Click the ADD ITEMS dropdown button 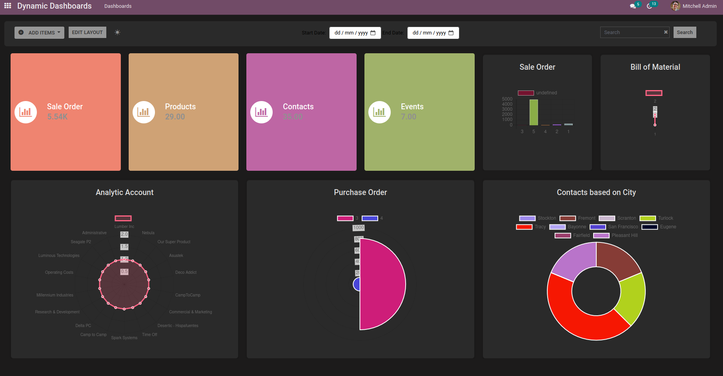[39, 33]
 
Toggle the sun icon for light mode [117, 33]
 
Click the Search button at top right [685, 33]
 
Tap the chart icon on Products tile [144, 112]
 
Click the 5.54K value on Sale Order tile [57, 117]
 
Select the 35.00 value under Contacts [293, 117]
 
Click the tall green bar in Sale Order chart [534, 112]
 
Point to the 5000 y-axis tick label [507, 99]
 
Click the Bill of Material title [655, 67]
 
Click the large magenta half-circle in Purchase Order [382, 284]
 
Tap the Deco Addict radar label [186, 272]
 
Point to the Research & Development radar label [57, 312]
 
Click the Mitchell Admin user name [699, 6]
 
